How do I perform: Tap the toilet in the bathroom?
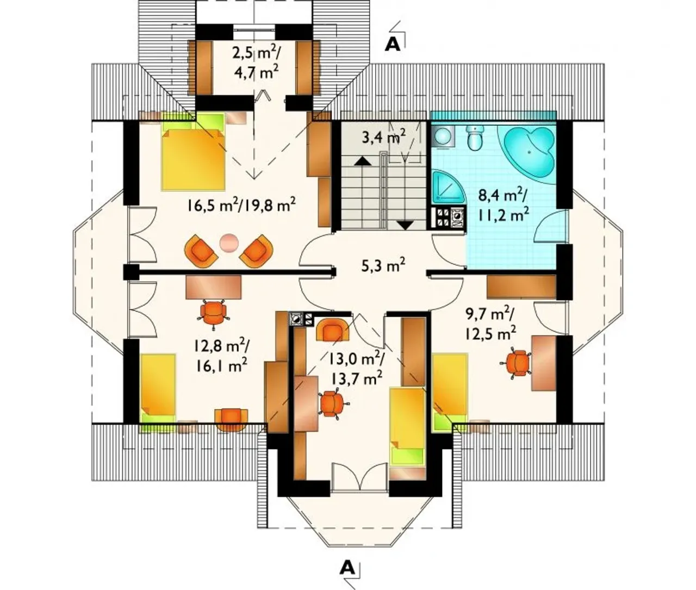pyautogui.click(x=475, y=138)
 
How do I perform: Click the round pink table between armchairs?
pyautogui.click(x=229, y=243)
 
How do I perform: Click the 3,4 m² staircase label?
pyautogui.click(x=384, y=136)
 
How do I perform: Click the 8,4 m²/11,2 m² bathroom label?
pyautogui.click(x=504, y=206)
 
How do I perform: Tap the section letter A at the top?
pyautogui.click(x=393, y=44)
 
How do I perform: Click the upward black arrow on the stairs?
pyautogui.click(x=363, y=161)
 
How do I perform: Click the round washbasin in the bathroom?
pyautogui.click(x=443, y=136)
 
